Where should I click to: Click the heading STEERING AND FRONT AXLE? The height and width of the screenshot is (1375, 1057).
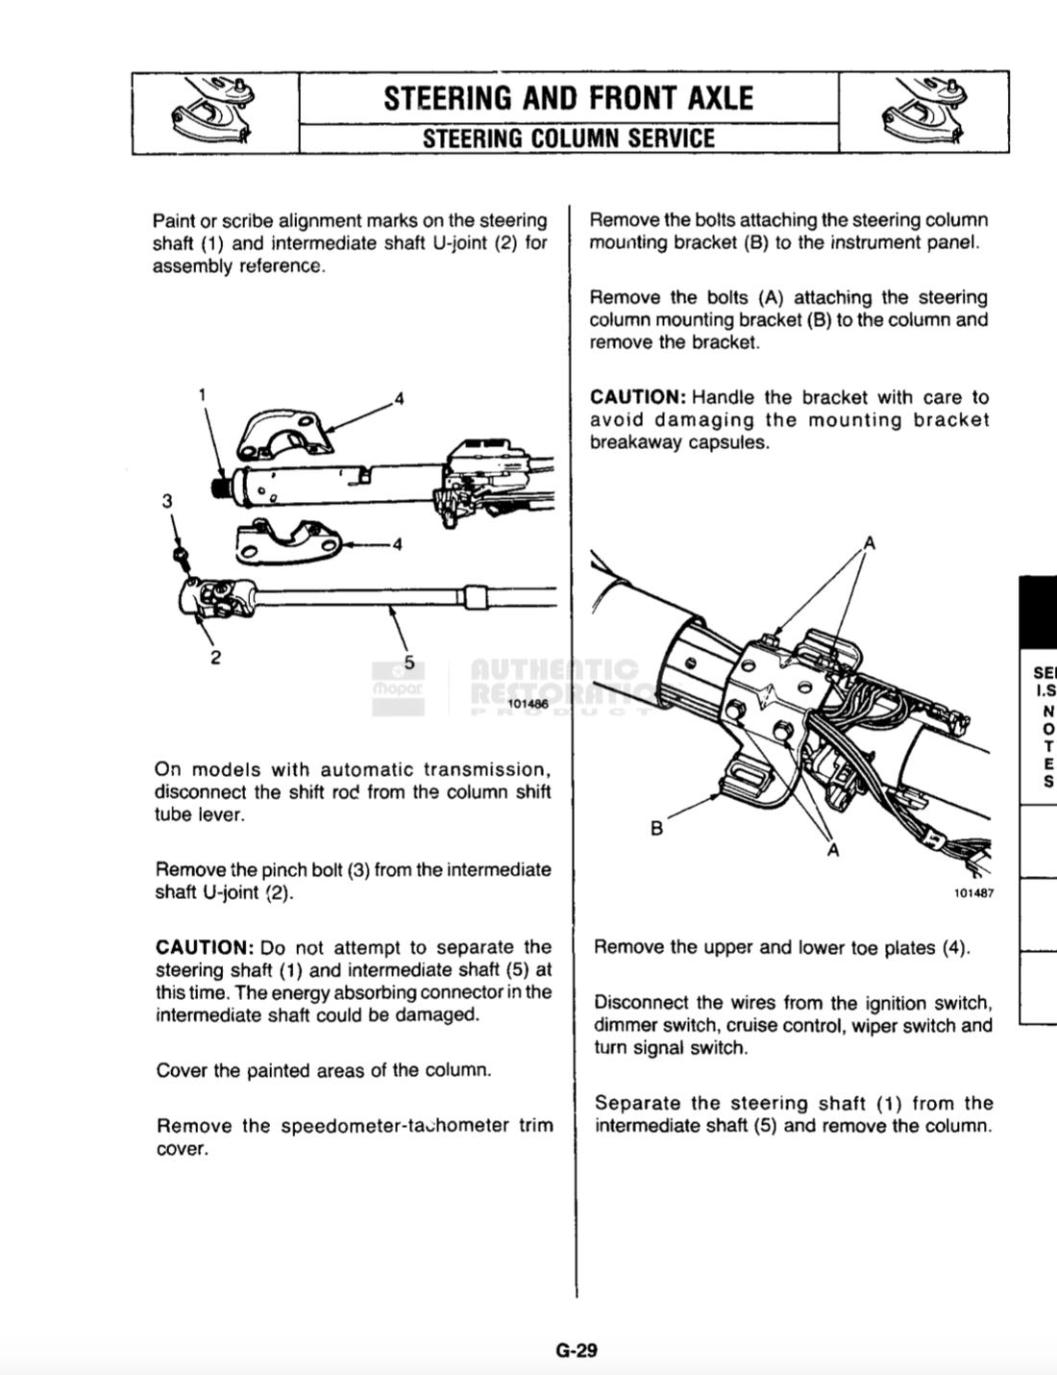click(x=568, y=98)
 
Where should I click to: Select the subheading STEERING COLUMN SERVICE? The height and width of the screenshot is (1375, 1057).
click(x=568, y=138)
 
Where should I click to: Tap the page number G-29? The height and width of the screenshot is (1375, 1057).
click(x=577, y=1350)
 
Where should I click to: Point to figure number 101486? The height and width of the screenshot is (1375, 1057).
click(x=528, y=704)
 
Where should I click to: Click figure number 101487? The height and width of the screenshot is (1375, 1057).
click(x=973, y=892)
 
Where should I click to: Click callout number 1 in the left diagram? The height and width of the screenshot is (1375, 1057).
click(x=202, y=393)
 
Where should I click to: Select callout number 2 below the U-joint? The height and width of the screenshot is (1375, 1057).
click(x=216, y=658)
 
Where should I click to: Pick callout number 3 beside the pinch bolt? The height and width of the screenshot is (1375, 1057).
click(x=167, y=500)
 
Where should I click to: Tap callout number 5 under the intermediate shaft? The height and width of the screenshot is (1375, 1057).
click(x=409, y=662)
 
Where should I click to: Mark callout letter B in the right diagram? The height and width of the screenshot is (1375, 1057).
click(x=657, y=828)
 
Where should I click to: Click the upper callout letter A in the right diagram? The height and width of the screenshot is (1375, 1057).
click(x=869, y=543)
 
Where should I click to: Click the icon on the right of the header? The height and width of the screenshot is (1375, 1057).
click(x=923, y=112)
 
